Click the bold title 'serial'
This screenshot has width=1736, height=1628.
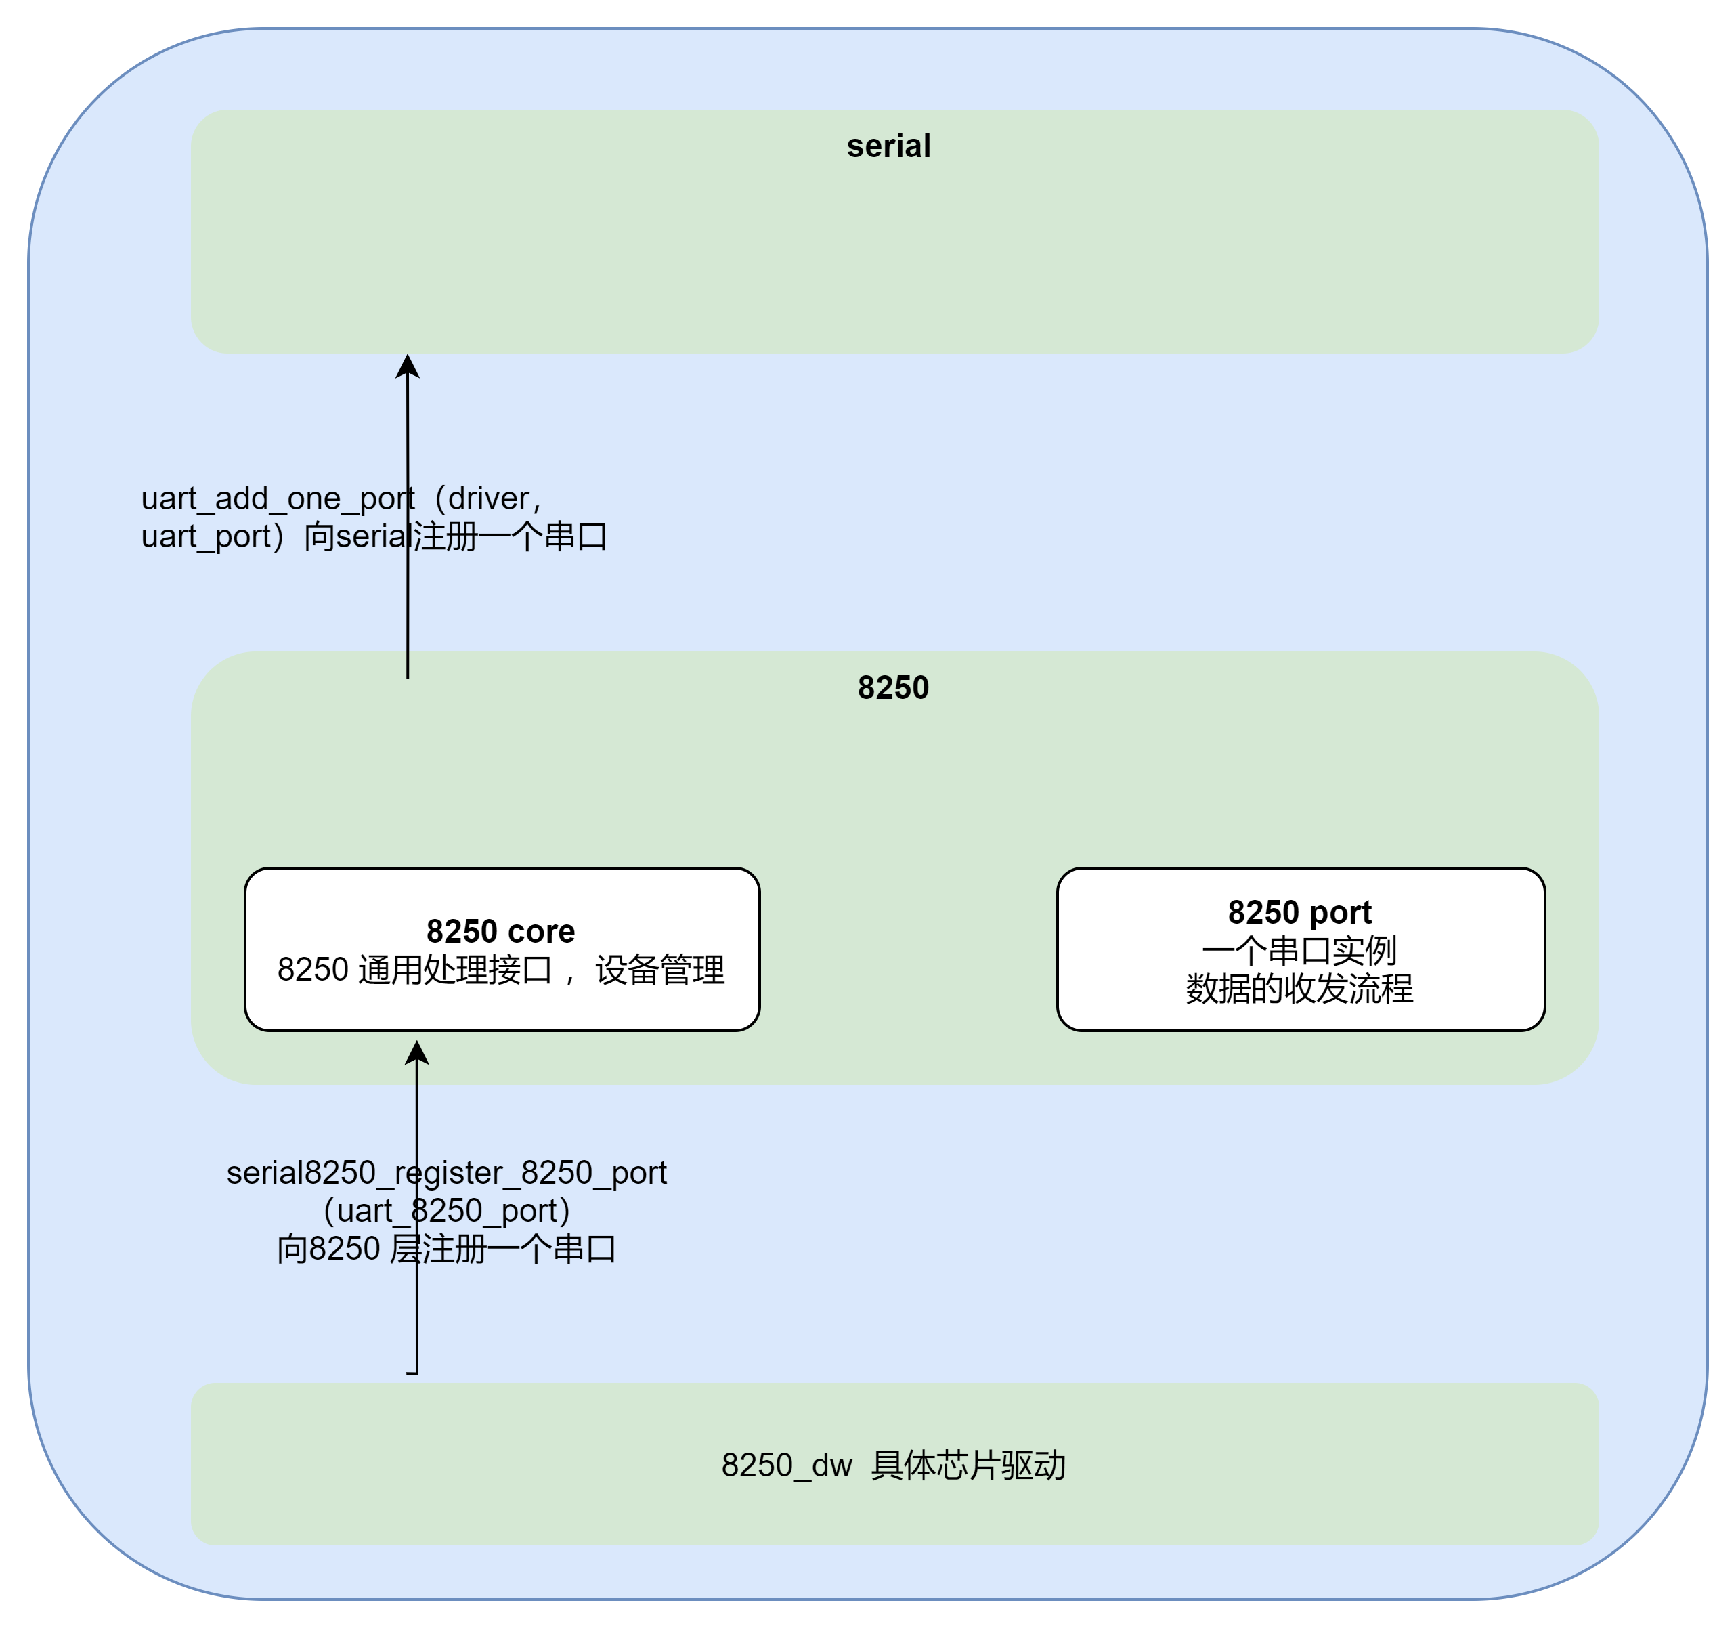(888, 146)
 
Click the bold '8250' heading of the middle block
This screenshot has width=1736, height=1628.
(892, 688)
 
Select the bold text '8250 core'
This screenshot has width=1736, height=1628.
(500, 931)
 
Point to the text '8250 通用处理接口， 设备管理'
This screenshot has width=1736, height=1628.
(500, 970)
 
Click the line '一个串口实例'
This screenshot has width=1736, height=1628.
(1299, 950)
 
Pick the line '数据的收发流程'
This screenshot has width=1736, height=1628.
(1299, 989)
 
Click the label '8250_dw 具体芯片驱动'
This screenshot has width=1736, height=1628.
(892, 1465)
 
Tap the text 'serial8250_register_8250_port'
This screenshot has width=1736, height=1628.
(446, 1172)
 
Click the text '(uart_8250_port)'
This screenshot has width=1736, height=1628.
(446, 1211)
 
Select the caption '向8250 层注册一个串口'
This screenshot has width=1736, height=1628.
(446, 1249)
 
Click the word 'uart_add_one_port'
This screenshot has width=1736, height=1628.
(278, 498)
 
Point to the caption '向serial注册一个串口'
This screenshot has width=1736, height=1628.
(455, 536)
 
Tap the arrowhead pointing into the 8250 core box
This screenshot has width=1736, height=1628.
(417, 1052)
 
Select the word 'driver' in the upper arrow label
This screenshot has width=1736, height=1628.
(488, 498)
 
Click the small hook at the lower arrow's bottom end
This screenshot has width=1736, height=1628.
(413, 1373)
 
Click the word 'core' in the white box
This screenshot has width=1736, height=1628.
(542, 931)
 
